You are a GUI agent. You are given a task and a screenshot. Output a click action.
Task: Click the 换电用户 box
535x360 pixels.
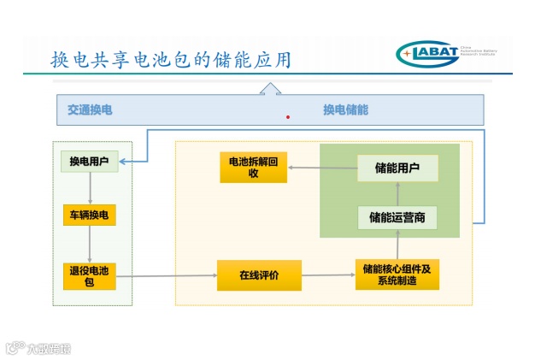[89, 162]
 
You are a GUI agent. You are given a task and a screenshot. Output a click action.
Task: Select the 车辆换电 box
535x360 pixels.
[89, 214]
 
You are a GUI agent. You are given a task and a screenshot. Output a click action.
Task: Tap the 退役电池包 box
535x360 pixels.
[89, 276]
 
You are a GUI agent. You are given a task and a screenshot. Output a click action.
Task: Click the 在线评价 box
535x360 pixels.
[259, 274]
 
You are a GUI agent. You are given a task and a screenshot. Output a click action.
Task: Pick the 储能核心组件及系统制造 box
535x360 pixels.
[397, 274]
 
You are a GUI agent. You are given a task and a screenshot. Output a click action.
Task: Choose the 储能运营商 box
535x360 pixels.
[397, 217]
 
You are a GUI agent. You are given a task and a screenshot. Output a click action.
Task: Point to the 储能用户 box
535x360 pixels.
[397, 168]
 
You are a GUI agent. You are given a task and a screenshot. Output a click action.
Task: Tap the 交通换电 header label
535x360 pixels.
[90, 109]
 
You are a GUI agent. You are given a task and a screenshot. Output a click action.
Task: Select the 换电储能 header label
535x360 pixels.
[345, 109]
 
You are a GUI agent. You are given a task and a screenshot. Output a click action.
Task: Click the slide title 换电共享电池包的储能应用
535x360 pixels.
[171, 59]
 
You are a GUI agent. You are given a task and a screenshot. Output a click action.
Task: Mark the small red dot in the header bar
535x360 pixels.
[288, 116]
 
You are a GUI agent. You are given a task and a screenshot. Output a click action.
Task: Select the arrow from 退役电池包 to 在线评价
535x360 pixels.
[167, 275]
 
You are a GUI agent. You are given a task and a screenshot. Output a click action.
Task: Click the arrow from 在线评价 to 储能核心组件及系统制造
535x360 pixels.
[328, 274]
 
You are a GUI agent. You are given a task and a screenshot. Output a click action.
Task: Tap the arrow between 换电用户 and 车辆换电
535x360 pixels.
[89, 187]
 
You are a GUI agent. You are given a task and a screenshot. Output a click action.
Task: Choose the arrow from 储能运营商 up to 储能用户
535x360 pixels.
[397, 192]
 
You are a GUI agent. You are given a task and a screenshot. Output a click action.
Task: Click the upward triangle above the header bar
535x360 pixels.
[270, 87]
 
